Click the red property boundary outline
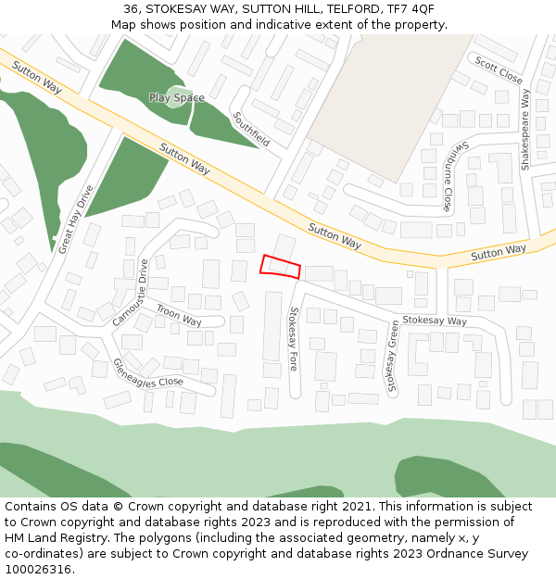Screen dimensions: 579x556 point(281,266)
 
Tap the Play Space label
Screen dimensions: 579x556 point(176,97)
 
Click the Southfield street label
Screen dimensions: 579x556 point(252,130)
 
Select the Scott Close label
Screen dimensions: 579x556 point(499,69)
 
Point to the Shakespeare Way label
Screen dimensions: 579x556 point(525,130)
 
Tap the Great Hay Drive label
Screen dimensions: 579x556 point(76,220)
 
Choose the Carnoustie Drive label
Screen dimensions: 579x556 point(130,292)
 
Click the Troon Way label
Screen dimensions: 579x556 point(179,316)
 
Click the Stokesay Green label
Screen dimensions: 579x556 point(392,357)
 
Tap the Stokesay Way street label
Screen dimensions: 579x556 point(435,321)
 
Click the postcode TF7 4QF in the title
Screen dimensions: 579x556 point(410,8)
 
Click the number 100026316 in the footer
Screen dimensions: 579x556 point(40,569)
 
